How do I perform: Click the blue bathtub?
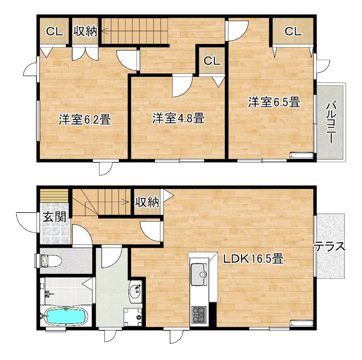66,316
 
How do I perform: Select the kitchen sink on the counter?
199,274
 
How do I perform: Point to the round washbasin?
135,292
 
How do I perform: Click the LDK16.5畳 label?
253,259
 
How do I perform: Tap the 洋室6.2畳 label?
85,120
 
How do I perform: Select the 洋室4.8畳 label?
178,118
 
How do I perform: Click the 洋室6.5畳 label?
274,102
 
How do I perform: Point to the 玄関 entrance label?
55,217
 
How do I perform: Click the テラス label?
330,246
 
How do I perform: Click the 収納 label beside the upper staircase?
86,31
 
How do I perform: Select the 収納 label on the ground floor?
147,202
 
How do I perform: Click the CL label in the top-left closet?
54,32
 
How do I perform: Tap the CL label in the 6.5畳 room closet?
293,32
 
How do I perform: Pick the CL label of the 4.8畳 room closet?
212,61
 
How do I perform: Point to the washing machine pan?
133,317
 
